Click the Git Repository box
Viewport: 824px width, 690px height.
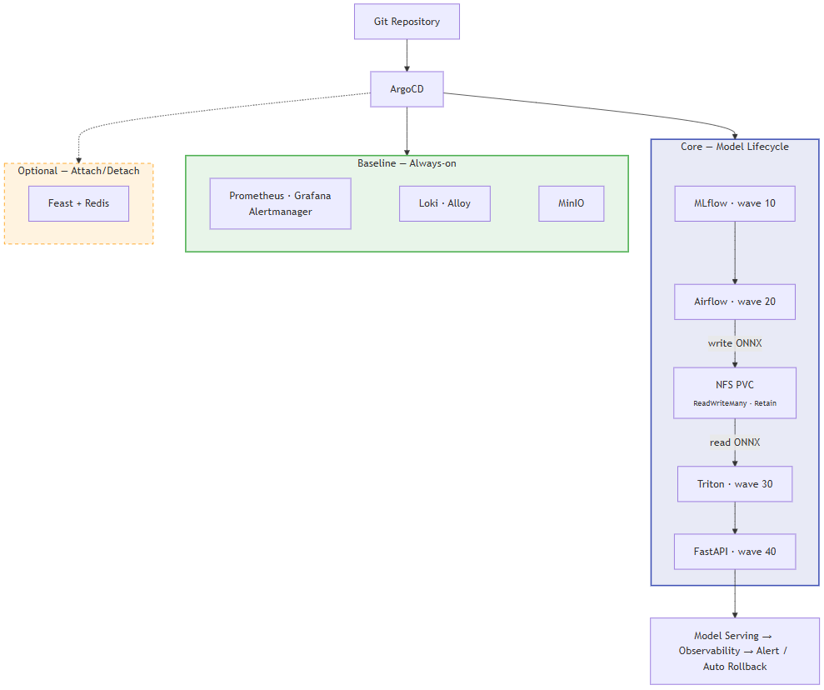point(407,22)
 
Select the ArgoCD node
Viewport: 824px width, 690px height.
point(407,89)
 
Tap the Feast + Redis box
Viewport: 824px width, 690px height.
point(78,203)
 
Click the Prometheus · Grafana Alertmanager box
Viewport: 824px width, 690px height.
point(280,203)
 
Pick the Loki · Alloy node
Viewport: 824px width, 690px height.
point(444,203)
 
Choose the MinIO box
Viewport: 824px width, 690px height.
point(571,203)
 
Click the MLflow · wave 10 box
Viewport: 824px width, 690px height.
point(734,203)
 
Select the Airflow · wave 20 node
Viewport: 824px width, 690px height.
point(734,302)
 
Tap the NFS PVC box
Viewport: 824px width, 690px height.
point(734,386)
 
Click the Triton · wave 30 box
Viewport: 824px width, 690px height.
point(734,484)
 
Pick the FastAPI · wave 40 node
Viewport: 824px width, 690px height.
point(734,552)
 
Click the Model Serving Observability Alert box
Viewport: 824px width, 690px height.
point(734,651)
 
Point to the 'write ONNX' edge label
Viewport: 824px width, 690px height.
point(734,343)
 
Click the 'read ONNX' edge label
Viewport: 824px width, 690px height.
point(734,442)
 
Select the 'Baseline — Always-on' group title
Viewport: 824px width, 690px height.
point(407,163)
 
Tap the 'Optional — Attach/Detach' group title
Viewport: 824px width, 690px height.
point(78,171)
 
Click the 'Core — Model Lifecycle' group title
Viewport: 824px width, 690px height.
point(734,147)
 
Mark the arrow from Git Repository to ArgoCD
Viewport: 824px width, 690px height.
point(407,55)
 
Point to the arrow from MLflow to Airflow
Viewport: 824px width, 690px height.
point(734,252)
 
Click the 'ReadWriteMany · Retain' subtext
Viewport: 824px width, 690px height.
point(734,403)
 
